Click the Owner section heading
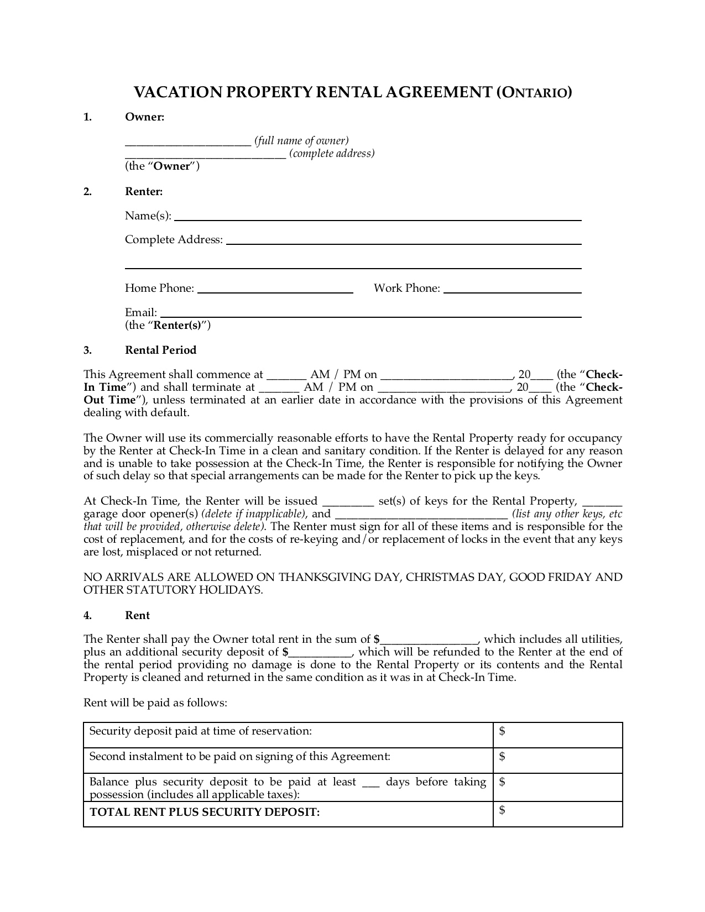144,117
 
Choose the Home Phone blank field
275,290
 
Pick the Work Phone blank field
512,290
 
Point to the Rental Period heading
160,350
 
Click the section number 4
87,616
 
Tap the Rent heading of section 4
137,616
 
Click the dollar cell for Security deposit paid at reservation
557,735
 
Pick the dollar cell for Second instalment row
557,760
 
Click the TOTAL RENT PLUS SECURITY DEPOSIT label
205,813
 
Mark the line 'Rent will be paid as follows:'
155,703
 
